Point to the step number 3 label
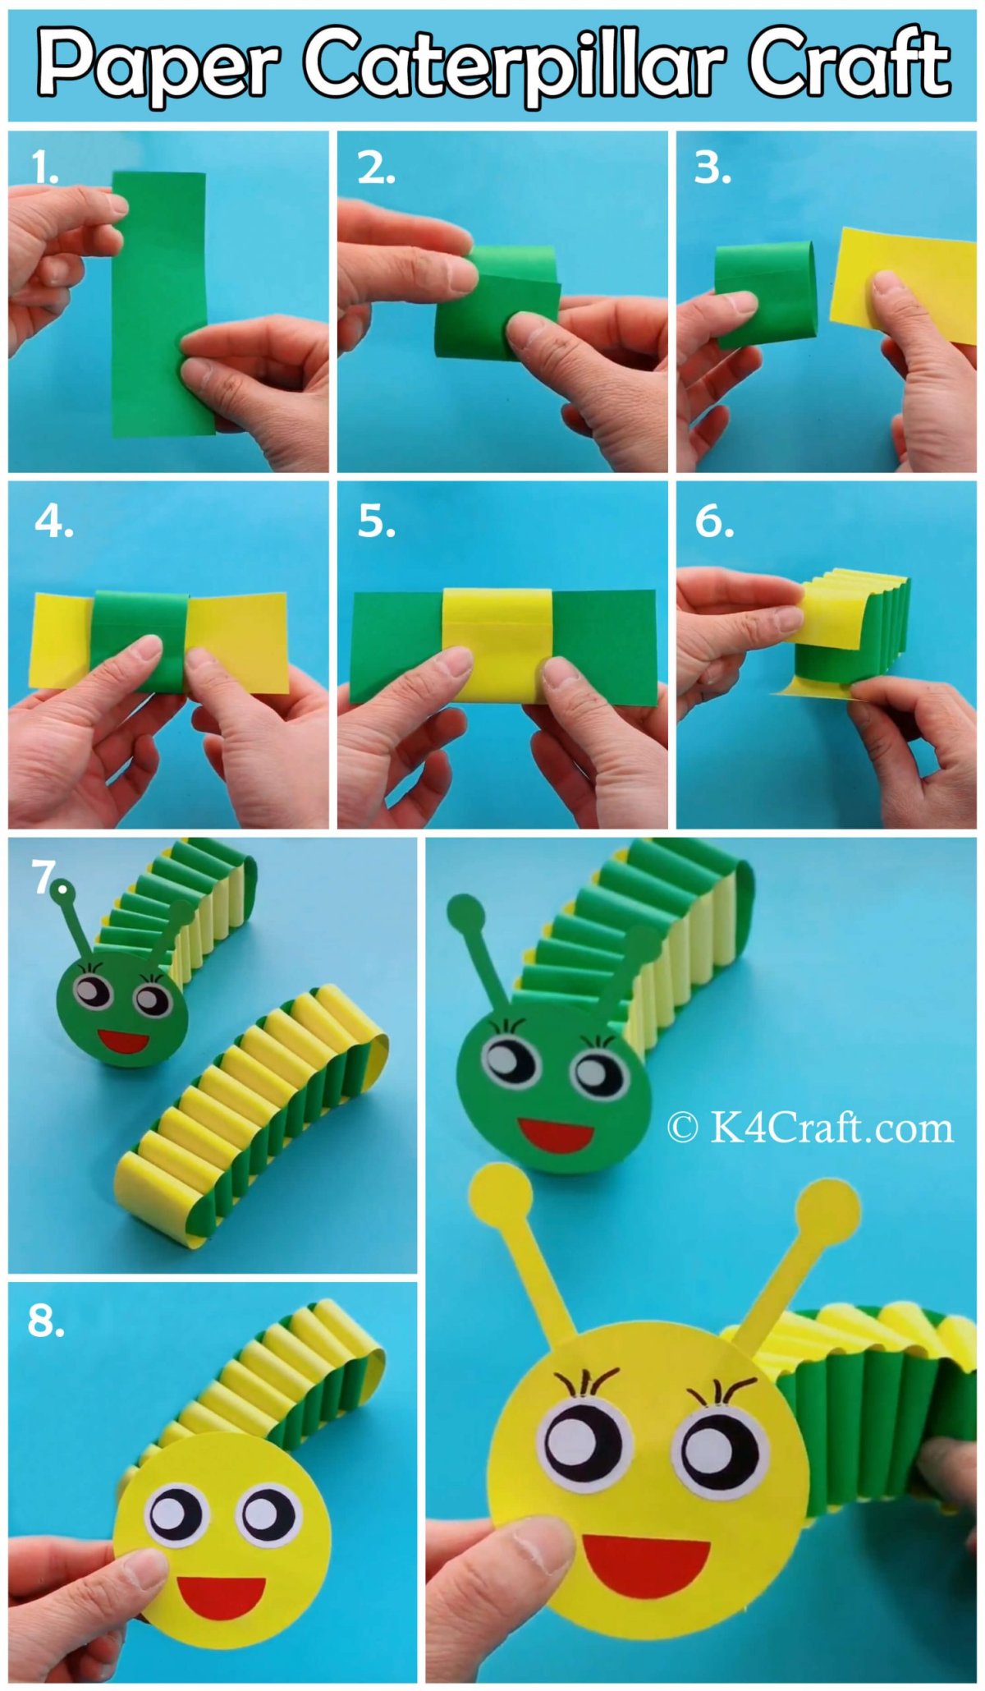[712, 168]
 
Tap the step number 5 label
[377, 522]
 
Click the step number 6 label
[714, 522]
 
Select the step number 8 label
[46, 1321]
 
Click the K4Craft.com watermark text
[810, 1128]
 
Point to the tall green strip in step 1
[162, 303]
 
